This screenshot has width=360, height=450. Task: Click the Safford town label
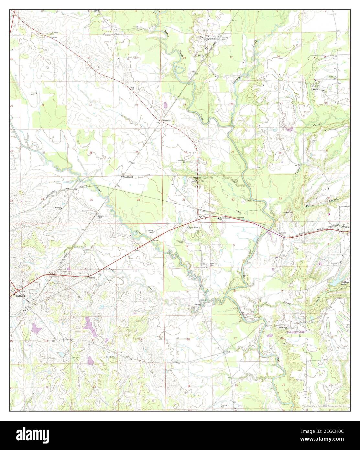[x=17, y=295]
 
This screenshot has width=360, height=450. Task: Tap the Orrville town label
[x=345, y=227]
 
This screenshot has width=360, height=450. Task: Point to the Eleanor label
[x=167, y=120]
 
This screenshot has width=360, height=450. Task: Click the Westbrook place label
[x=127, y=177]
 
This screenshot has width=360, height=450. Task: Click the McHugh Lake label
[x=344, y=283]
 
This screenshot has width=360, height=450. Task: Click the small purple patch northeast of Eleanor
[x=166, y=105]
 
